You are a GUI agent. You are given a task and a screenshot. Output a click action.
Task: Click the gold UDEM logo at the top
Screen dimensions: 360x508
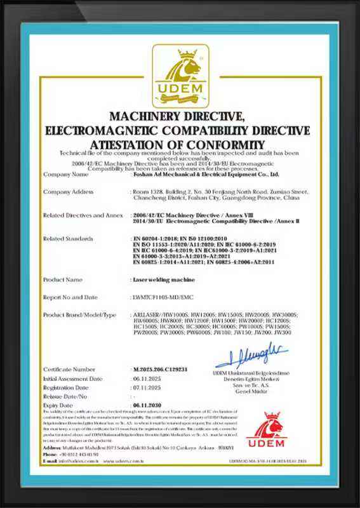click(180, 76)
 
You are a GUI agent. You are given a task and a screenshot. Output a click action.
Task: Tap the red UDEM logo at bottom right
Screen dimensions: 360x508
click(266, 431)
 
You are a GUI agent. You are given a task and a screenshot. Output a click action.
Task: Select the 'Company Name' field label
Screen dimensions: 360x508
click(65, 173)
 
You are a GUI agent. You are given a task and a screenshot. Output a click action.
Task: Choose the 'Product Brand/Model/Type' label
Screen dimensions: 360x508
click(80, 314)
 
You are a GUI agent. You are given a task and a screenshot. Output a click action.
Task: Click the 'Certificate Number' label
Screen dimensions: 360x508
click(70, 369)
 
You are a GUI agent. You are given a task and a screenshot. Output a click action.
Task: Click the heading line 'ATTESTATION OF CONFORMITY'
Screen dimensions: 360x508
click(180, 144)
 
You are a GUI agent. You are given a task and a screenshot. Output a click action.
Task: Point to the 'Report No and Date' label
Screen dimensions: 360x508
click(70, 297)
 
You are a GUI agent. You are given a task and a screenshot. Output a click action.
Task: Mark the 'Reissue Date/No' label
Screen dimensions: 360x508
click(66, 395)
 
